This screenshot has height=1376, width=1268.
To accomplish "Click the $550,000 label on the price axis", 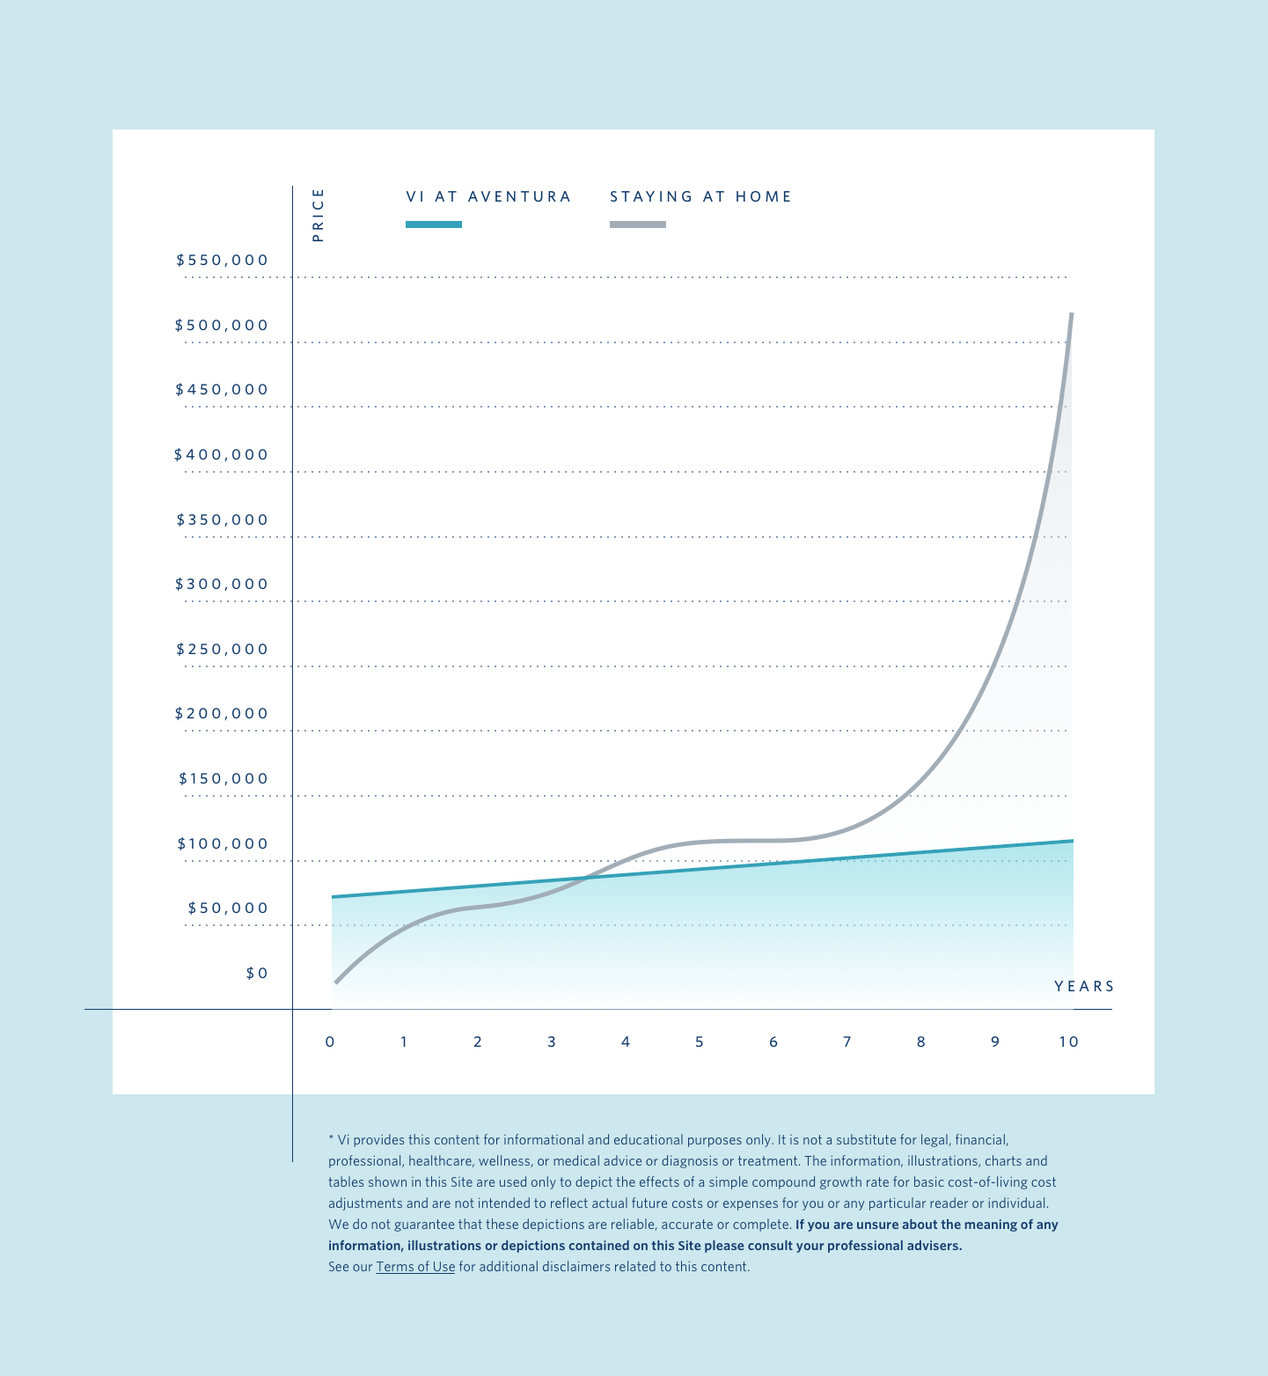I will (x=222, y=261).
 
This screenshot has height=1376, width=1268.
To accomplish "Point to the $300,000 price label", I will (x=222, y=585).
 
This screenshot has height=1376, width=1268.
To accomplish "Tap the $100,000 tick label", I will (x=223, y=844).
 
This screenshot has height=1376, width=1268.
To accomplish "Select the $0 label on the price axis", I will (x=257, y=974).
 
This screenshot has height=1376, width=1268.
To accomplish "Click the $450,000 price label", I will (x=222, y=390).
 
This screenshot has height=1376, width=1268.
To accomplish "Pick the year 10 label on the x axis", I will (x=1068, y=1042).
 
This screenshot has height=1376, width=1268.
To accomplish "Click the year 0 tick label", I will (x=330, y=1042).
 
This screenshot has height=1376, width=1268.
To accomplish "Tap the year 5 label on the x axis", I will (x=700, y=1042).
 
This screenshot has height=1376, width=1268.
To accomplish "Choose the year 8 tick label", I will (x=921, y=1042).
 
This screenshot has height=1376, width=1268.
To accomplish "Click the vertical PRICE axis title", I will (x=319, y=215).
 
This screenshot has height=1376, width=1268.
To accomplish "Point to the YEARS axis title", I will (x=1084, y=987).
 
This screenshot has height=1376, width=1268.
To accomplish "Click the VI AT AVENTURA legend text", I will (x=488, y=197).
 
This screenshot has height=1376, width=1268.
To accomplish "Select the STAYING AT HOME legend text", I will (x=701, y=197).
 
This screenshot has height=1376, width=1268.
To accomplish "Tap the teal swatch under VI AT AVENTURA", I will (x=434, y=224).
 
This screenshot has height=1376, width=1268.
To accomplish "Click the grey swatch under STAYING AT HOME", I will (x=638, y=224).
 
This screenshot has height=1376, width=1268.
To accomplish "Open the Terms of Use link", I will (x=415, y=1267).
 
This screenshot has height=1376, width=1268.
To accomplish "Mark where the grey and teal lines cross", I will (x=584, y=878).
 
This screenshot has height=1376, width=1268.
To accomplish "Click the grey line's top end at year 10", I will (x=1071, y=314).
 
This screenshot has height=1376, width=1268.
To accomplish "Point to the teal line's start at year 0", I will (x=333, y=897).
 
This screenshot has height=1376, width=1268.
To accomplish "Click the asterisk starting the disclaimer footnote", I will (x=331, y=1138).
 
